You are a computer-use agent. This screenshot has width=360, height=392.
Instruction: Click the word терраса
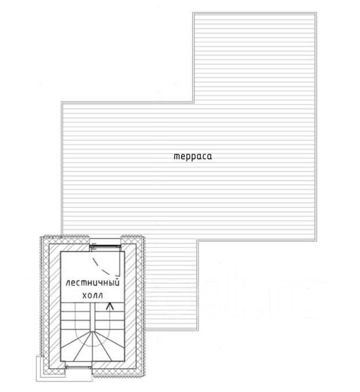(193, 156)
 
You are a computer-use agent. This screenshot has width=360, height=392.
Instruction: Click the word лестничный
(92, 283)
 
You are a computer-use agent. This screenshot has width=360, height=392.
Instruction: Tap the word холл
(92, 295)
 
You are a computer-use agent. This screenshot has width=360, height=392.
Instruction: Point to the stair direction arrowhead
(110, 306)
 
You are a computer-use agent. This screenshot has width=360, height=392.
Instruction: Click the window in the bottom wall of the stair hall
(79, 367)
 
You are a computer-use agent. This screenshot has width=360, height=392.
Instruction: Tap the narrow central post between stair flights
(92, 317)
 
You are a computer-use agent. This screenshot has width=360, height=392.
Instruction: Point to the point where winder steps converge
(92, 332)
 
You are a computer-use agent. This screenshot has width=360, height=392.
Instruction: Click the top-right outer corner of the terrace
(317, 12)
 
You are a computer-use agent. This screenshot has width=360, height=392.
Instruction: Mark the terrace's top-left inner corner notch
(193, 102)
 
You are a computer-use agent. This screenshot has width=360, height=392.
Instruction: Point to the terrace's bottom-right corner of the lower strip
(198, 330)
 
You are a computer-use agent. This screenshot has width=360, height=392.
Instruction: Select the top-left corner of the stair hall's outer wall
(41, 236)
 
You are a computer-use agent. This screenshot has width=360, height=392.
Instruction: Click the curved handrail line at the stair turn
(92, 343)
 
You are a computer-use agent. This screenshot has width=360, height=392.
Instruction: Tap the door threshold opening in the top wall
(105, 242)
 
